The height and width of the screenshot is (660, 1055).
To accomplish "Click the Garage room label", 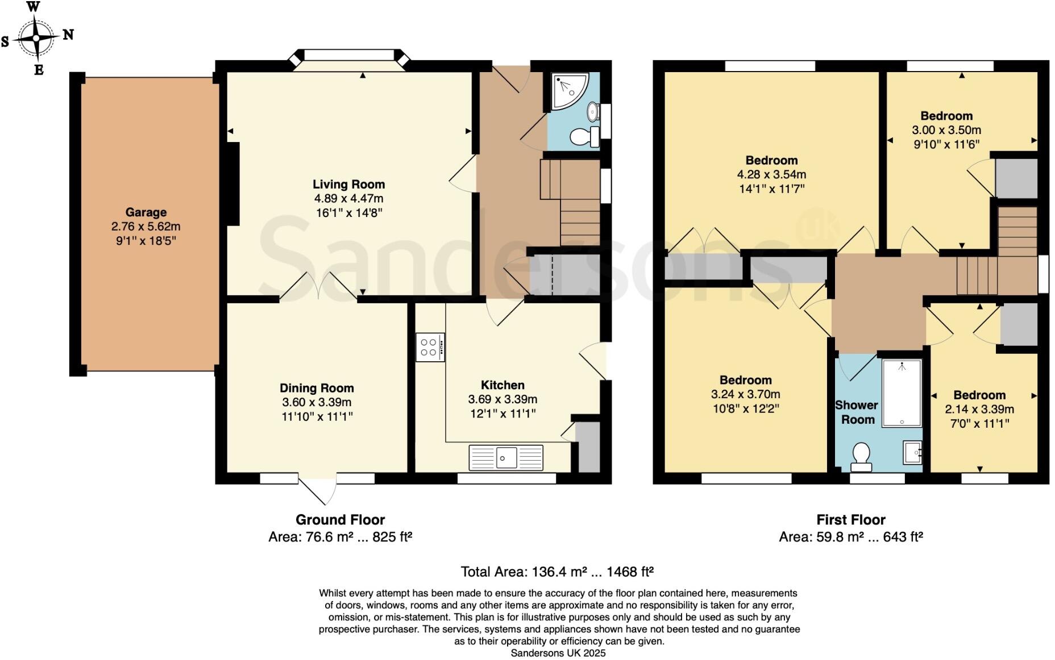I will (146, 212).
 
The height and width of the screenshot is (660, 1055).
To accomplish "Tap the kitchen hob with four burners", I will (430, 347).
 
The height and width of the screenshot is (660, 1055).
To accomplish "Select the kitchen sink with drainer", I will (506, 457).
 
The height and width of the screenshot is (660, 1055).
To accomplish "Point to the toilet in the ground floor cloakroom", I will (583, 137).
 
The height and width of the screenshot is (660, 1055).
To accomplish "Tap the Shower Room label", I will (857, 412).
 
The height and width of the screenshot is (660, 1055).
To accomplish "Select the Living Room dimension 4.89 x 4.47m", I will (348, 199).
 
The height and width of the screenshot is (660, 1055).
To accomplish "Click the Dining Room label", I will (317, 389).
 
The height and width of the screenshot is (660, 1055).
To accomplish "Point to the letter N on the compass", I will (68, 35).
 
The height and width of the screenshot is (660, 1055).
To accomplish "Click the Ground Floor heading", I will (340, 520).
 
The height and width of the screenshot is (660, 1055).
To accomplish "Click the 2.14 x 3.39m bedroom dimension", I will (979, 409).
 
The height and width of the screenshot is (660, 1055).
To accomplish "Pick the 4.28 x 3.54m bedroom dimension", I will (771, 174).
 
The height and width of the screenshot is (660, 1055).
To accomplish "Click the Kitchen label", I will (502, 385).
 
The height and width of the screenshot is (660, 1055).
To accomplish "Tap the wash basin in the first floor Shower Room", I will (912, 453).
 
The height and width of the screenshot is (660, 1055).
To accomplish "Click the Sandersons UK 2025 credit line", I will (558, 653).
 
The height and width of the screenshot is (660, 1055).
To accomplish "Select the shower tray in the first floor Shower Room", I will (902, 393).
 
